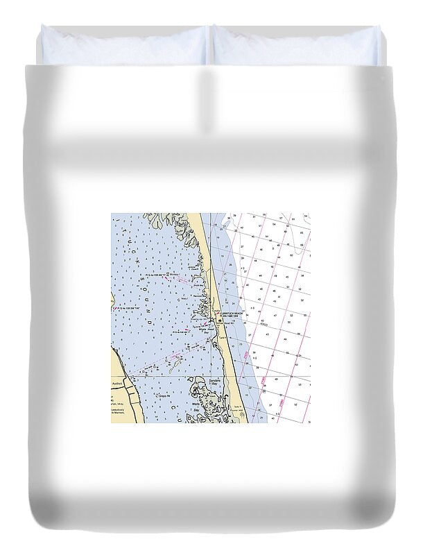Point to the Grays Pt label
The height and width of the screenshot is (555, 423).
tap(164, 396)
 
